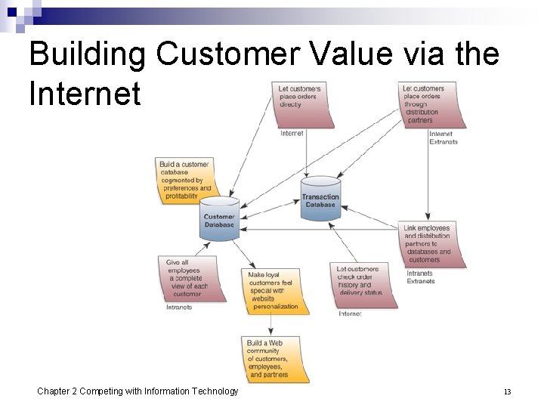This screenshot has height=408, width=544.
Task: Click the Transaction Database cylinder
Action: [320, 198]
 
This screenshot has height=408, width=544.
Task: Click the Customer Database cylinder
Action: [219, 218]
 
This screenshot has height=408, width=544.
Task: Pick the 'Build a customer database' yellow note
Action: [184, 180]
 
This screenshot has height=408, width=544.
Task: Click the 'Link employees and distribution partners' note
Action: [431, 244]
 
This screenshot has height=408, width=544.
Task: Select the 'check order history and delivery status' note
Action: [363, 284]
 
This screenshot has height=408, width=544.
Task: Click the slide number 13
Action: [507, 391]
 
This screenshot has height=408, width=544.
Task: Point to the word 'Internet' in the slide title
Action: [85, 94]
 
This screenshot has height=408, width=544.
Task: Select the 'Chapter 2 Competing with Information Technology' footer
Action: [138, 391]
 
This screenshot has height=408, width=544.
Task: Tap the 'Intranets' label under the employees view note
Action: [180, 307]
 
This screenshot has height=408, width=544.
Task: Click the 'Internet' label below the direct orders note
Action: [292, 134]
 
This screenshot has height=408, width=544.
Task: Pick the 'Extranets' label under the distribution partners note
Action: [443, 142]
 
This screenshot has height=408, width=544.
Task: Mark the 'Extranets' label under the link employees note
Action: [421, 281]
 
